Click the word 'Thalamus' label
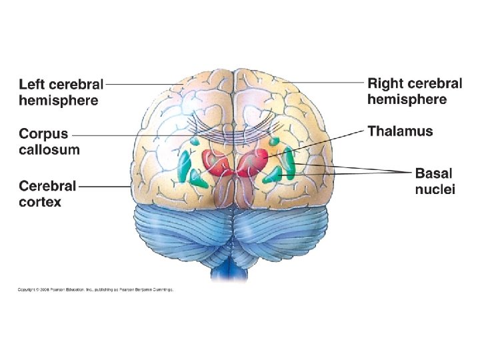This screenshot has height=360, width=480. (400, 131)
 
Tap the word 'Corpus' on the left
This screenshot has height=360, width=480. (43, 134)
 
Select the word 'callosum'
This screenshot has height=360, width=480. (49, 149)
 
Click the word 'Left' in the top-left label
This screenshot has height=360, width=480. (31, 85)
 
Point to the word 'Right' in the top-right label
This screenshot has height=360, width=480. (385, 84)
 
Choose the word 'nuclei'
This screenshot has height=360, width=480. (435, 189)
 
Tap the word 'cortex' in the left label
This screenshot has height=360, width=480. (40, 200)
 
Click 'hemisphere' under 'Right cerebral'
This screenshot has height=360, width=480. (407, 99)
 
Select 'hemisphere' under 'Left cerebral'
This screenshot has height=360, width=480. (59, 101)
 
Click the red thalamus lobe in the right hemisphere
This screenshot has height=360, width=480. (256, 160)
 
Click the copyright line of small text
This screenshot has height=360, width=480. (95, 289)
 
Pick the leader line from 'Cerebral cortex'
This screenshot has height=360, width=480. (107, 186)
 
